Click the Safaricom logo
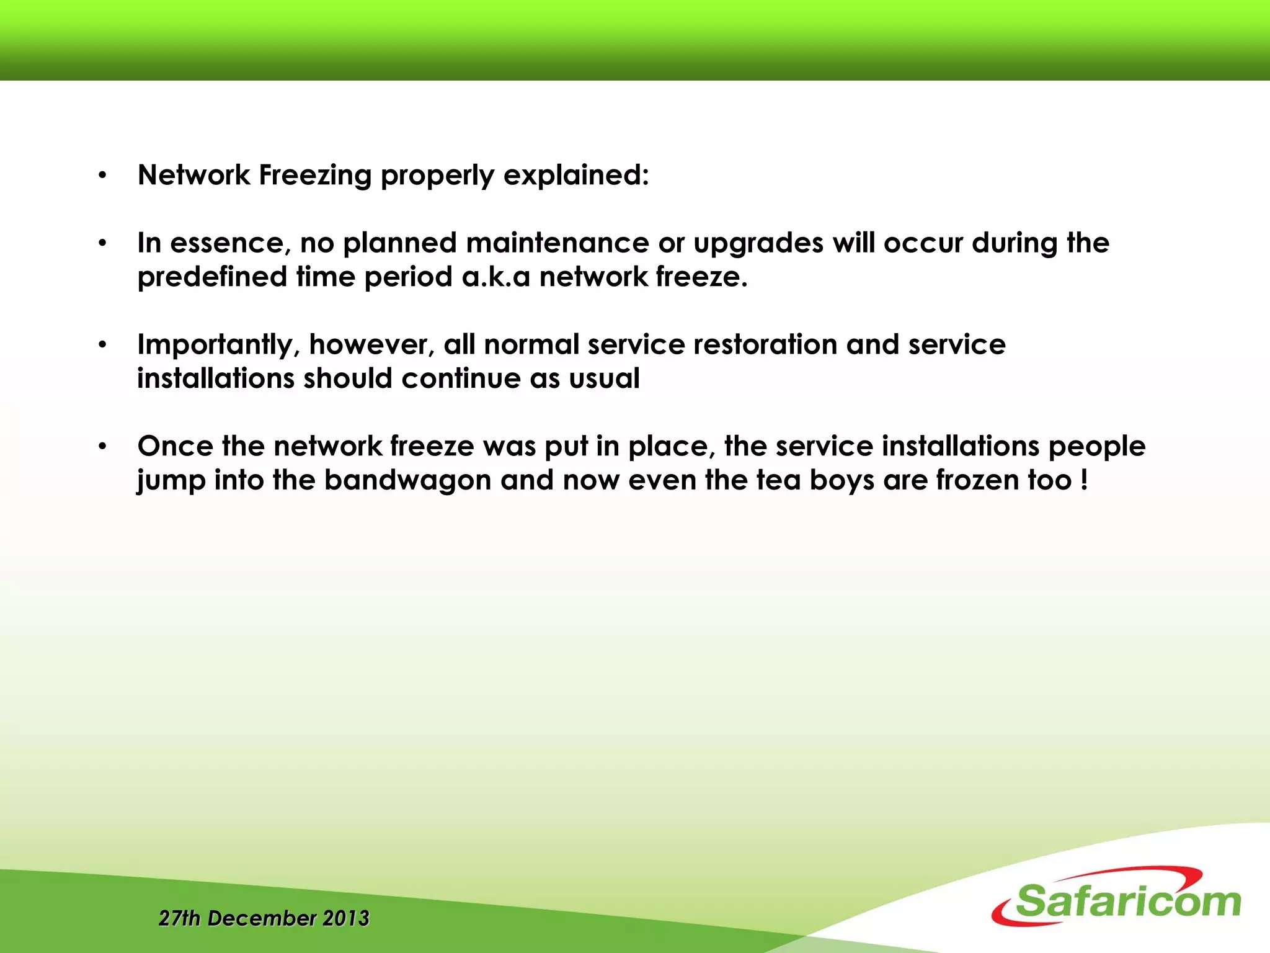pyautogui.click(x=1116, y=897)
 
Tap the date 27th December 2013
pyautogui.click(x=264, y=918)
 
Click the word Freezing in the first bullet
pyautogui.click(x=315, y=176)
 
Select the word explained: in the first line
pyautogui.click(x=576, y=176)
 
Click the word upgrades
pyautogui.click(x=758, y=244)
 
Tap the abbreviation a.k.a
pyautogui.click(x=495, y=277)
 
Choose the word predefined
pyautogui.click(x=212, y=277)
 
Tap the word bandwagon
pyautogui.click(x=407, y=481)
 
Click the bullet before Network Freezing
pyautogui.click(x=103, y=176)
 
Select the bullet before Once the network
pyautogui.click(x=103, y=447)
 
